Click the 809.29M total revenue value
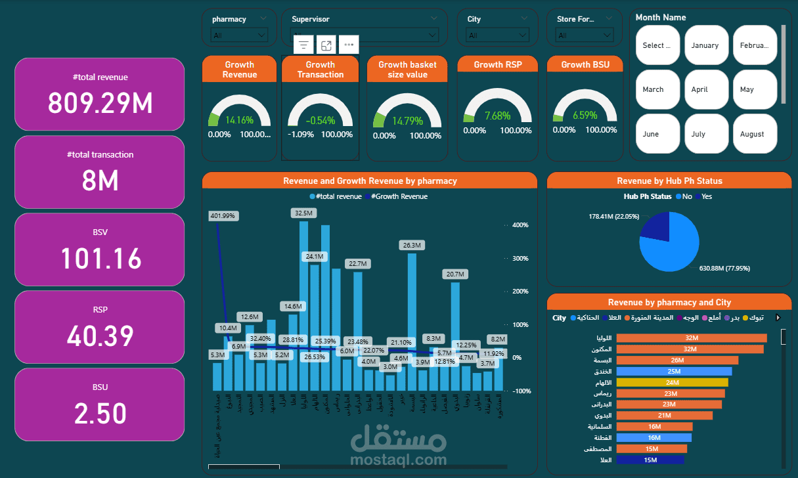coord(100,103)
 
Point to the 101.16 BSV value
coord(100,258)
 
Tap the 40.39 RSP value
coord(100,336)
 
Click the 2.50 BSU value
coord(100,414)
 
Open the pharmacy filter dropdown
coord(239,35)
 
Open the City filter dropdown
coord(496,35)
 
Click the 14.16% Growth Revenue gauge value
coord(239,120)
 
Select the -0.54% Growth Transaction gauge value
coord(321,120)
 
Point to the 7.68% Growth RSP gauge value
coord(497,116)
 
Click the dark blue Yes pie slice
coord(657,227)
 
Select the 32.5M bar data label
coord(304,213)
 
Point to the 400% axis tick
coord(520,225)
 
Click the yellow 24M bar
coord(672,382)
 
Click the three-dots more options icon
coord(349,45)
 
